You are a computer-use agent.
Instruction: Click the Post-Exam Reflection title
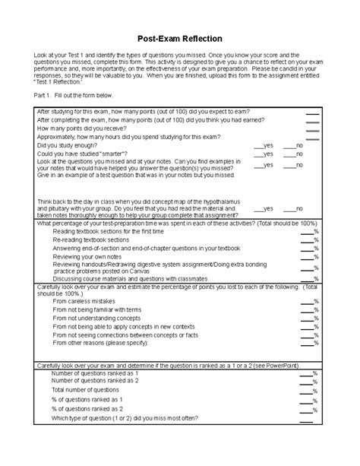[x=179, y=37]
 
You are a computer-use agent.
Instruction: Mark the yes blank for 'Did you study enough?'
[x=258, y=144]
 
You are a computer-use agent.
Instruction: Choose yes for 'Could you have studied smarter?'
[x=258, y=153]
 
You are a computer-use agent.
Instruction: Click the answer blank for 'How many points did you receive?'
[x=311, y=128]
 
